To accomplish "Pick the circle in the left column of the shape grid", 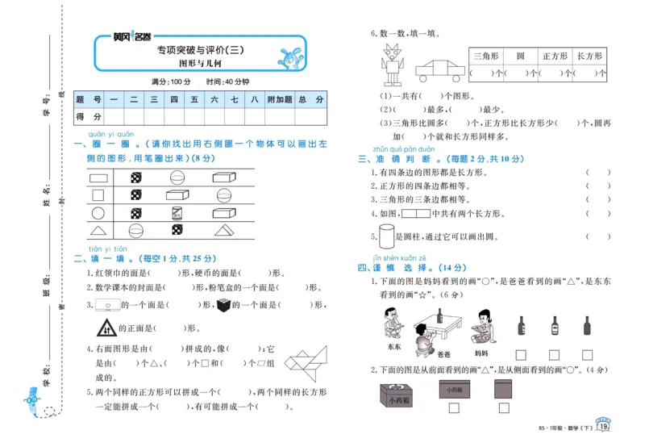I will click(99, 213).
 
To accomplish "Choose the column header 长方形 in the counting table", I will click(586, 56).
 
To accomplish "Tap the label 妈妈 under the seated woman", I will click(481, 353).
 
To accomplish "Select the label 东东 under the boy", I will click(393, 348).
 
